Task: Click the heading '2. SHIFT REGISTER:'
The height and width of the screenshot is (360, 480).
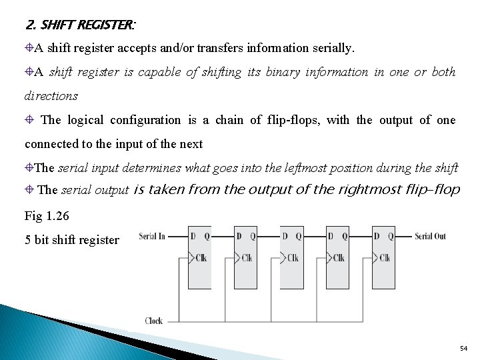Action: pos(80,26)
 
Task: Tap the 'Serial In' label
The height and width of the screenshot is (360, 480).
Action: pos(153,236)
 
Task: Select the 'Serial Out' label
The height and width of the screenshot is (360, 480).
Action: pos(430,236)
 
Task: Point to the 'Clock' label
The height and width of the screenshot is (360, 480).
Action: pos(154,321)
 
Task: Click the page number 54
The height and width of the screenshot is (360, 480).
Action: pos(464,349)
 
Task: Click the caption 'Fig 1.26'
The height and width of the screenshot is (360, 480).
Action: pos(47,216)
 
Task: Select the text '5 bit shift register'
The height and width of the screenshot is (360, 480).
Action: pos(72,240)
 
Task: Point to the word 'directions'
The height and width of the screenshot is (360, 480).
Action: pos(51,96)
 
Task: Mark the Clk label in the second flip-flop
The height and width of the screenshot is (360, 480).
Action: pos(247,258)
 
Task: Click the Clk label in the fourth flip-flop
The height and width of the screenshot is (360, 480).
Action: pos(339,258)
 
